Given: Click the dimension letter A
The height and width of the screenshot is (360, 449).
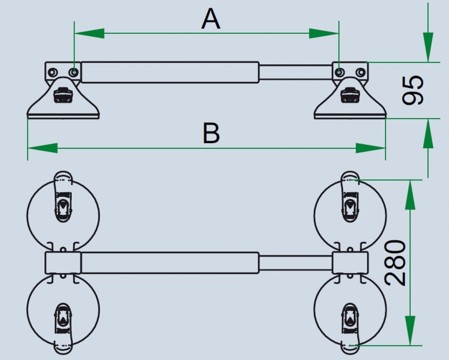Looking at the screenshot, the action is [211, 19].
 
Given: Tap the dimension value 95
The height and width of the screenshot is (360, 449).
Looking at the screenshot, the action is [413, 90].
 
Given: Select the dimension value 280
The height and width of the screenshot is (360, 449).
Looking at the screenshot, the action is [395, 263].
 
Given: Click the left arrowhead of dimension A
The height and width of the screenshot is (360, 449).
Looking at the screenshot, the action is [89, 33].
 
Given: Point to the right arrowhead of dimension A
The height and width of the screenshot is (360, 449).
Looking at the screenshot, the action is [324, 33].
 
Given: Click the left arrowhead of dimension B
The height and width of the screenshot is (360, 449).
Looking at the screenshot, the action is [43, 148].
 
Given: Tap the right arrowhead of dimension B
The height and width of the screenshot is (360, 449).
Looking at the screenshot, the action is [371, 148].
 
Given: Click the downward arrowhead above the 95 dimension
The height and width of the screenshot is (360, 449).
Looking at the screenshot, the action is [428, 47].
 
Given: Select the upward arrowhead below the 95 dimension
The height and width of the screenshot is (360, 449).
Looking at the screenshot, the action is [428, 134].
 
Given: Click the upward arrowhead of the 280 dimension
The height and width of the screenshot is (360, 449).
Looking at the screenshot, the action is [410, 194].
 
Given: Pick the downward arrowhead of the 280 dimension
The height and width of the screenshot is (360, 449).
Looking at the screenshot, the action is [410, 331].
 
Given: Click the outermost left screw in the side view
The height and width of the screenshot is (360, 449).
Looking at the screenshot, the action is [52, 73].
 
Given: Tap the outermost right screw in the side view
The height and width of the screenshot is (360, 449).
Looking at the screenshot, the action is [361, 72].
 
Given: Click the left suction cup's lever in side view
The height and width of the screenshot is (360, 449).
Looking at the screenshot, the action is [63, 95].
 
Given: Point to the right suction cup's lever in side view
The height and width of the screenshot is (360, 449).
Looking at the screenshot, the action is [350, 95].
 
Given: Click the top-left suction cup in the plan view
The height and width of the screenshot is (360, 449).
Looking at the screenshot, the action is [63, 215].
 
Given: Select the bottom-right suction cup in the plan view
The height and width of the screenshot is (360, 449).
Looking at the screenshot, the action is [350, 310].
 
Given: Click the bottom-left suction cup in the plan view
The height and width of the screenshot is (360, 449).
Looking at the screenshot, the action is [63, 310].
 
